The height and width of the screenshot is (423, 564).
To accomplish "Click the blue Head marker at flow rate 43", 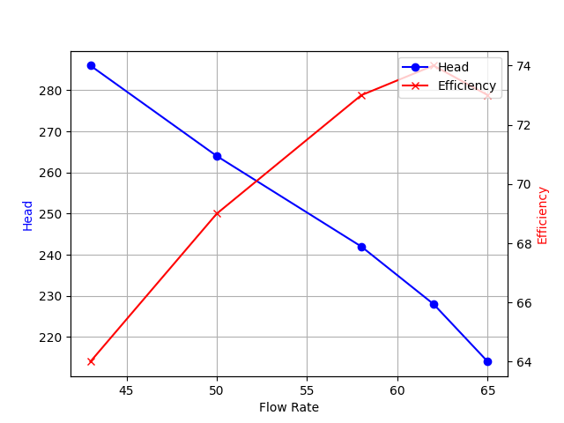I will (91, 65).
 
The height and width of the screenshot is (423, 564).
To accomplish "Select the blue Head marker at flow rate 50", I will (217, 156).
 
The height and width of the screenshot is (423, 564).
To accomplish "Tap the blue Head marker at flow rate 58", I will (361, 247).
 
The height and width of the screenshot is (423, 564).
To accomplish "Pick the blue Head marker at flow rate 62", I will (434, 304).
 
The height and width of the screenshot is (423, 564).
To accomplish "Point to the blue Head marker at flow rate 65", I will (487, 361).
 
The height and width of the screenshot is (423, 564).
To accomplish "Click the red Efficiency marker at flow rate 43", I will (91, 361).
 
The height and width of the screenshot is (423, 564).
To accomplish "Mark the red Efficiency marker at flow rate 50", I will (217, 213).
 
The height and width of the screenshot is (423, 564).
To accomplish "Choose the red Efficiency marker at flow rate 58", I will (361, 95).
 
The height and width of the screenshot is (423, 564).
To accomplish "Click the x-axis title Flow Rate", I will (289, 407).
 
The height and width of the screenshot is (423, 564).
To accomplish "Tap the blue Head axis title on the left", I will (28, 216).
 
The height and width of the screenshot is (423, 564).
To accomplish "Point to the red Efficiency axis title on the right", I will (543, 215).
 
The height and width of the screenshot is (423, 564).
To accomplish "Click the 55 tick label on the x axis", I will (307, 390).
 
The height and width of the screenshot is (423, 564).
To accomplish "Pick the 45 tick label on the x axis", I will (127, 390).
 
